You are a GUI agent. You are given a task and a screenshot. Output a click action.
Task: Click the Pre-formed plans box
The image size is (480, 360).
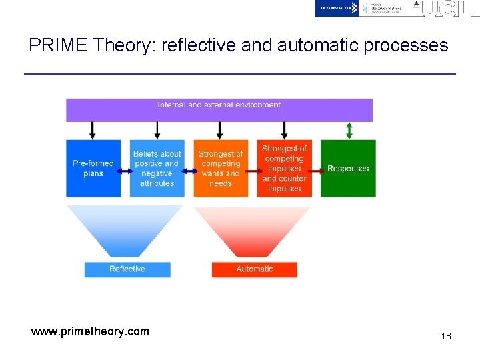(93, 168)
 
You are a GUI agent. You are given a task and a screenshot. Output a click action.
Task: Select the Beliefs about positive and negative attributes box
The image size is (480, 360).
(157, 168)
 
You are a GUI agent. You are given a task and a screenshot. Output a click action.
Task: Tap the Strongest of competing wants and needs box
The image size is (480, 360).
(221, 168)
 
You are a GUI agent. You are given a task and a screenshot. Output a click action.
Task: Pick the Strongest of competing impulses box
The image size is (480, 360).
(285, 168)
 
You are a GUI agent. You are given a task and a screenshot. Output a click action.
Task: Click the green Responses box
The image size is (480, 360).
(348, 168)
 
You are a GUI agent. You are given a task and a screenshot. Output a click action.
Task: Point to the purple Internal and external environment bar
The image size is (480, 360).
(219, 109)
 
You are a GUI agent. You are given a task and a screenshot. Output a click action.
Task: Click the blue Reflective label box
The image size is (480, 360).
(127, 269)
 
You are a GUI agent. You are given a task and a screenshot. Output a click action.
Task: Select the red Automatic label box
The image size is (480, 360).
(255, 269)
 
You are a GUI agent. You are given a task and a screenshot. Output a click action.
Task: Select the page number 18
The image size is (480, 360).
(445, 336)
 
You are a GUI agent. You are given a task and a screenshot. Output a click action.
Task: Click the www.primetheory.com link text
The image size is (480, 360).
(90, 331)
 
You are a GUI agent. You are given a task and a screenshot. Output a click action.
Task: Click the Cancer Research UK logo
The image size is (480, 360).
(337, 8)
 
